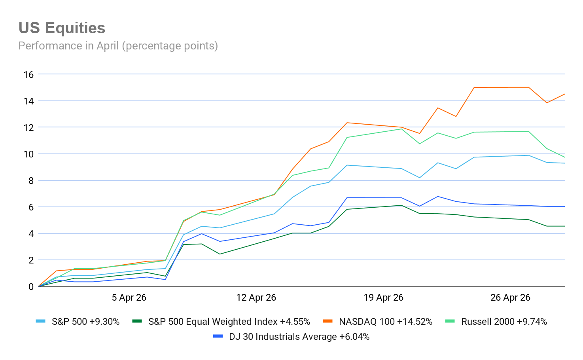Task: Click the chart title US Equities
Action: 62,28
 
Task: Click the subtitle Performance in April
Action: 118,46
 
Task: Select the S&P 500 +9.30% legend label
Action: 85,322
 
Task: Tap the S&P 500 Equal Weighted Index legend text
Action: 229,322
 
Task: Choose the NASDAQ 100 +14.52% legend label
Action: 386,322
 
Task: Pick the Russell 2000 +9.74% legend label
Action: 504,322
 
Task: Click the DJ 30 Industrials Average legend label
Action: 299,337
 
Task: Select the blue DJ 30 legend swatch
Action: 218,336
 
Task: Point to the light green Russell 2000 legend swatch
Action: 450,321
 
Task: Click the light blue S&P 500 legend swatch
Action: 40,321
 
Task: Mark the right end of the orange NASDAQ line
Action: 564,94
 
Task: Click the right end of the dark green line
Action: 564,226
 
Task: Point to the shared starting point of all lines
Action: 38,286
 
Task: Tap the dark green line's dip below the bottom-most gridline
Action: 220,254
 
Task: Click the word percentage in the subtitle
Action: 148,46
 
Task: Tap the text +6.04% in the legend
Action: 354,337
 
